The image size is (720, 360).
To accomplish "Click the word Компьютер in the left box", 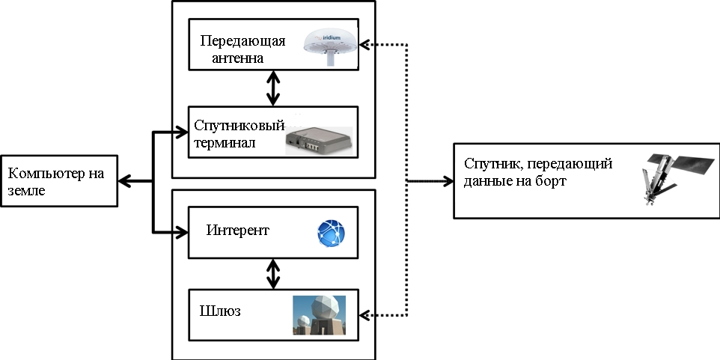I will (x=40, y=174).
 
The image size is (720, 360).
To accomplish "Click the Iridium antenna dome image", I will (x=329, y=47).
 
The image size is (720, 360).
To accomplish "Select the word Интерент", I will (x=237, y=230).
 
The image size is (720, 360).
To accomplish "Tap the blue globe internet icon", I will (x=329, y=234).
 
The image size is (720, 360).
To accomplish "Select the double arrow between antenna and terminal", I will (x=273, y=88).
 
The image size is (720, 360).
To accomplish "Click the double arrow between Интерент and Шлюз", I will (x=273, y=273).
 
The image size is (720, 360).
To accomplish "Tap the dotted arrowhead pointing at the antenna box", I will (x=365, y=45).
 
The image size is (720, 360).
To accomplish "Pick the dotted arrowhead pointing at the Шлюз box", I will (x=365, y=312).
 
